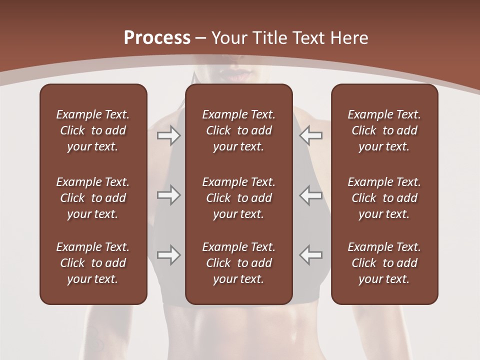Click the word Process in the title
click(x=157, y=38)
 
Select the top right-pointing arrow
click(x=169, y=135)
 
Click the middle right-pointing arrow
click(x=169, y=195)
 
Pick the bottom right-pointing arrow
click(x=169, y=255)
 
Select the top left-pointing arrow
click(x=311, y=135)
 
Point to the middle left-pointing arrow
click(x=311, y=195)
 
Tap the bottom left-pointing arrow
click(x=311, y=255)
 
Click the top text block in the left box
click(x=93, y=130)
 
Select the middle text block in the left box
click(x=93, y=198)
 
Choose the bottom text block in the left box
click(x=93, y=263)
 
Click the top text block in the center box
click(x=239, y=130)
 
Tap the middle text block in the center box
click(x=239, y=198)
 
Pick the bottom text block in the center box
click(x=239, y=263)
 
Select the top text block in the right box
click(x=384, y=130)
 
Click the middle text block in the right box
click(x=384, y=198)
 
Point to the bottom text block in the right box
click(x=384, y=263)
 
